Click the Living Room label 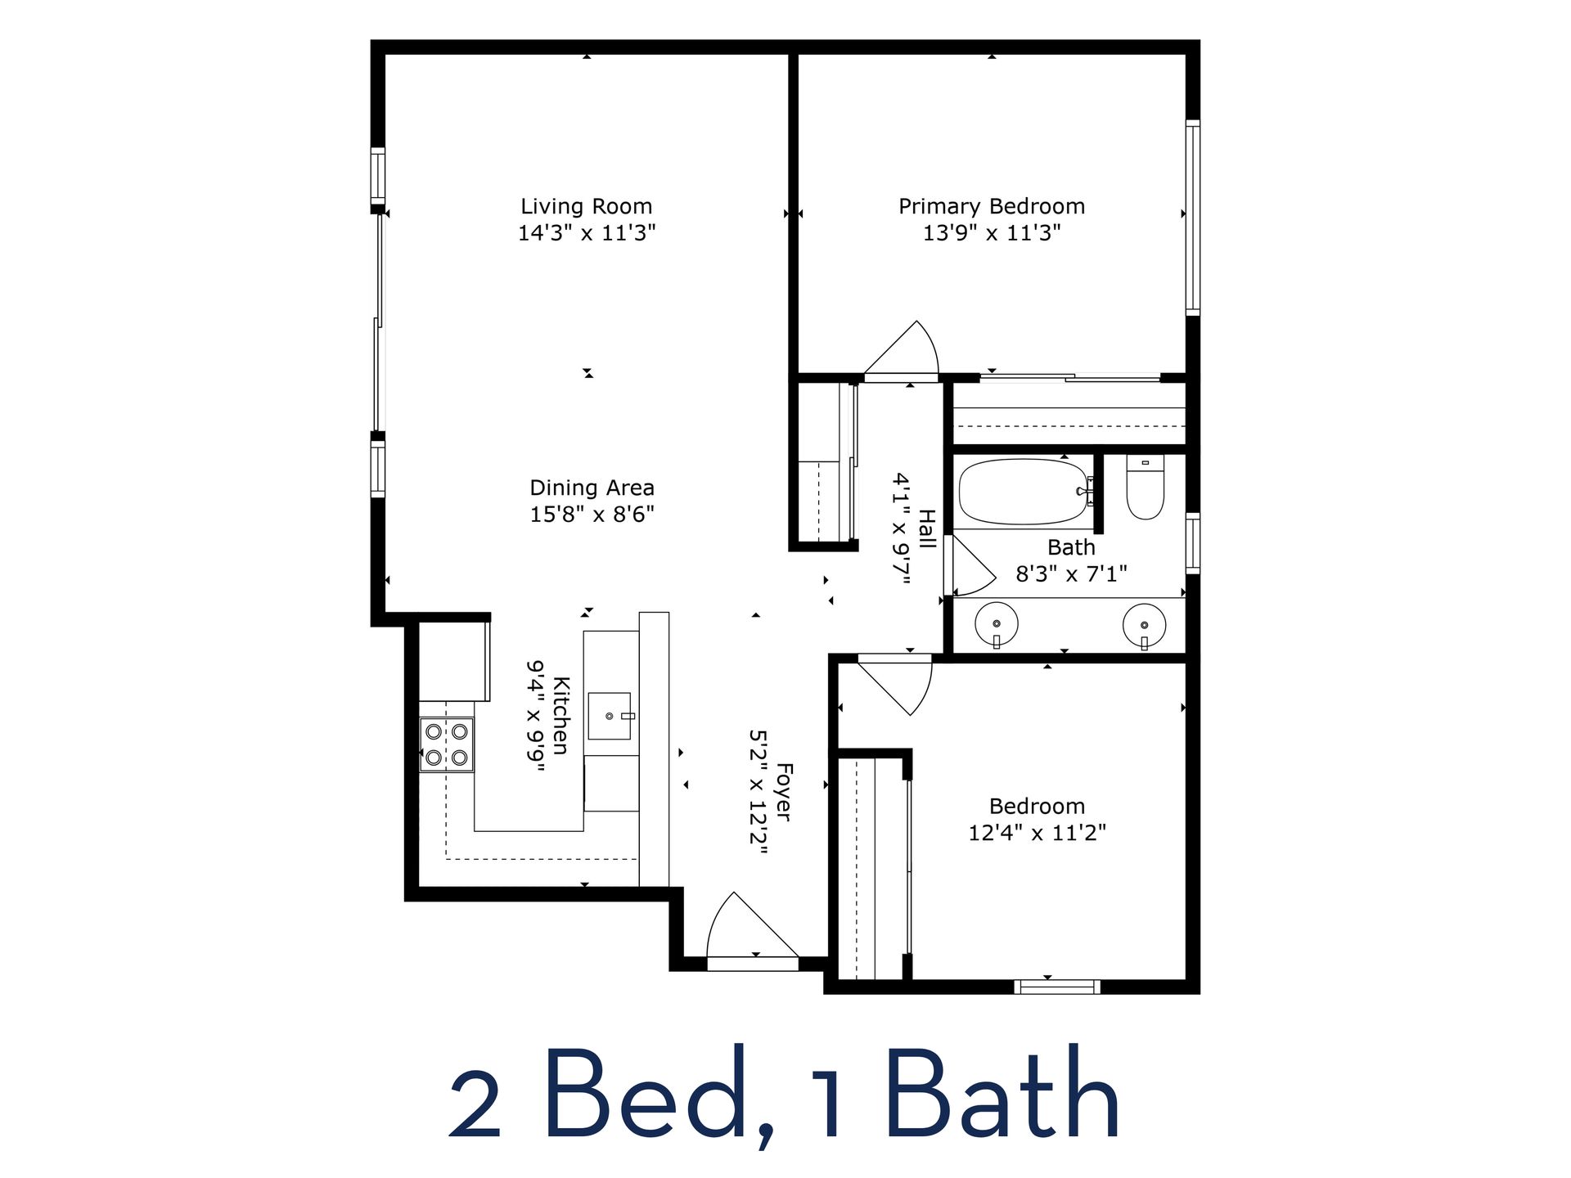click(587, 206)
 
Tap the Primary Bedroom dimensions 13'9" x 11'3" click(992, 233)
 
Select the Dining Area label click(592, 488)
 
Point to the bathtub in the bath click(1023, 492)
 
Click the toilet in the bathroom click(1145, 488)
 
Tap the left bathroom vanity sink click(997, 625)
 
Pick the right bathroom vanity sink click(1144, 626)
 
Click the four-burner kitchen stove click(447, 744)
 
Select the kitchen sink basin click(610, 716)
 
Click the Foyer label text click(784, 792)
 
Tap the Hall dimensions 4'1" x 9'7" click(901, 528)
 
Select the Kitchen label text click(561, 715)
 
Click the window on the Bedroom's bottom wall click(1056, 987)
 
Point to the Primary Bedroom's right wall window click(1193, 218)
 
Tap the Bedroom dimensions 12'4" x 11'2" click(1037, 833)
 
